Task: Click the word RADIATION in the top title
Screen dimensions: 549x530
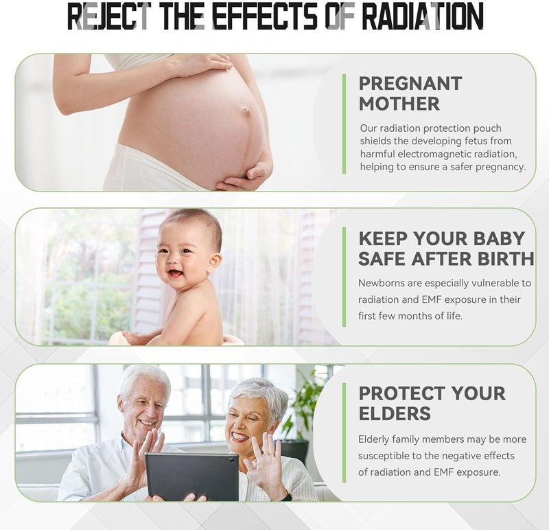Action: (423, 16)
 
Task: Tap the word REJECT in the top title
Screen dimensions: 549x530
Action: (109, 16)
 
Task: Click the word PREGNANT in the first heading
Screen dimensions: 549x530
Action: (410, 84)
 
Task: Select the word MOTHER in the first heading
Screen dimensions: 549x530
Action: (399, 104)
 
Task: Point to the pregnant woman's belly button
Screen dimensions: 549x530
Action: (246, 112)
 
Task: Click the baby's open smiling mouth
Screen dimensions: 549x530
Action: (175, 272)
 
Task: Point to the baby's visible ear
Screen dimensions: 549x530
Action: (215, 262)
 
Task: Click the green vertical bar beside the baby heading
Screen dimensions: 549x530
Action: (344, 277)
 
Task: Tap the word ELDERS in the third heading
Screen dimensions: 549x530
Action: (395, 414)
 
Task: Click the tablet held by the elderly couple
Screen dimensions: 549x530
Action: (192, 476)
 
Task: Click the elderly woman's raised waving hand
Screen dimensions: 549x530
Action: (267, 459)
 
